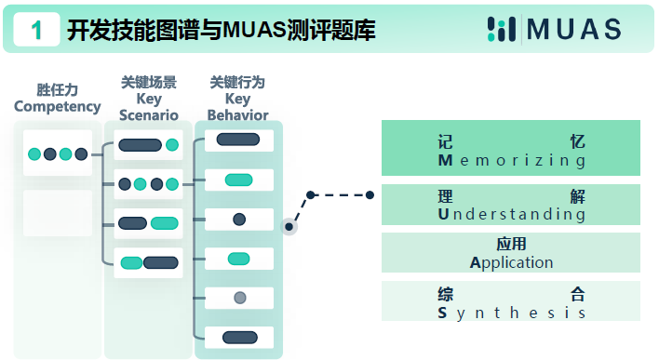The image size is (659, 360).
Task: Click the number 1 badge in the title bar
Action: (x=36, y=30)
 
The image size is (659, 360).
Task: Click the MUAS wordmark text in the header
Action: (x=573, y=30)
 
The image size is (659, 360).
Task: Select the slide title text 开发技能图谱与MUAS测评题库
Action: (x=222, y=31)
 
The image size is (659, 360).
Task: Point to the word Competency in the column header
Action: (x=58, y=107)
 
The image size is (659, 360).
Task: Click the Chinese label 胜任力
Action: (x=58, y=90)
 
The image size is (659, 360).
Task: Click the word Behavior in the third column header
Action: (x=237, y=115)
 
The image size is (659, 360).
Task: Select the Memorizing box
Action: (x=511, y=149)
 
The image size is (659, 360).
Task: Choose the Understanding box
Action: (x=511, y=205)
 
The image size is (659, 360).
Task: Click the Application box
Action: (x=511, y=253)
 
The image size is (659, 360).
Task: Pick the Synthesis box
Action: (x=511, y=302)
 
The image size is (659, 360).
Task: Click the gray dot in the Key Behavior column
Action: (x=239, y=298)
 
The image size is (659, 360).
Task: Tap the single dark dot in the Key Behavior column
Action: (x=239, y=220)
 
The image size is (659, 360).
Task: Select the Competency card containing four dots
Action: (x=58, y=153)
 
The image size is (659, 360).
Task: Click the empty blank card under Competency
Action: (x=58, y=213)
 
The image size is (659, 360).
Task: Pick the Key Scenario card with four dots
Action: (x=147, y=184)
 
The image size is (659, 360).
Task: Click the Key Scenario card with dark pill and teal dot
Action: (x=147, y=145)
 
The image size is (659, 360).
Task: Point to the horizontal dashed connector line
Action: (x=340, y=195)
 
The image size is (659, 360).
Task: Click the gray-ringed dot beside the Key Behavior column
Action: (x=290, y=226)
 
